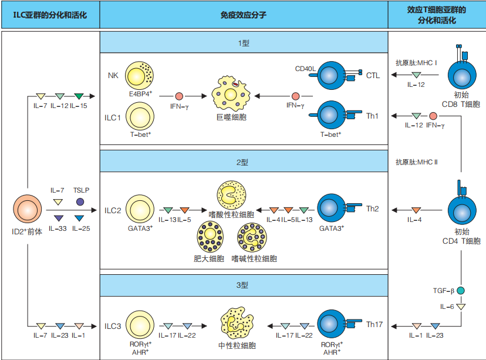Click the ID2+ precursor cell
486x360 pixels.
point(27,209)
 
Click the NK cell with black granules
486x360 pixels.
point(140,75)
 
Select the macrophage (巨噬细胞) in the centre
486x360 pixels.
point(231,93)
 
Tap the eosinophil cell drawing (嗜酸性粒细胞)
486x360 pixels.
point(231,196)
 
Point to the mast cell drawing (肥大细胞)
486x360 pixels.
point(210,237)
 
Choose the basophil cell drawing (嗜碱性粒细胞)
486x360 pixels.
point(252,237)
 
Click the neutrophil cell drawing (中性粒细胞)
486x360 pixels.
point(237,323)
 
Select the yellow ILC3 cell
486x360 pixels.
point(140,325)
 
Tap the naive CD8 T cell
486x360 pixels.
point(462,75)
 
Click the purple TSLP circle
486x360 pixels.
point(80,202)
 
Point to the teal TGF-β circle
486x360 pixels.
point(461,291)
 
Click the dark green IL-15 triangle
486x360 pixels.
point(79,96)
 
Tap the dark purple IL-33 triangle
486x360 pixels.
point(59,218)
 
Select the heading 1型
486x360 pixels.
point(244,43)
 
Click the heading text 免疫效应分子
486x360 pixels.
point(244,15)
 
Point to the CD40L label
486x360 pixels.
point(305,69)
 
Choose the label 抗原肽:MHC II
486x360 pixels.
point(417,162)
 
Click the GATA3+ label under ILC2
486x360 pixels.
point(140,228)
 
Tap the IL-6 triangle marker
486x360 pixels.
point(461,307)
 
